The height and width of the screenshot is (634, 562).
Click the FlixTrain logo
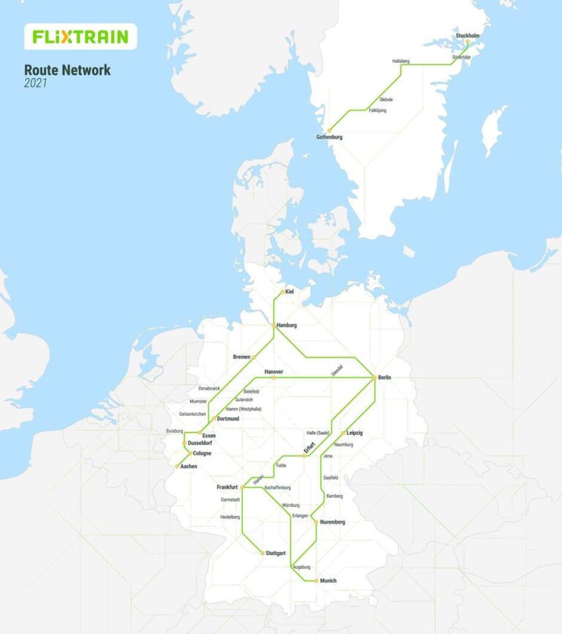point(80,37)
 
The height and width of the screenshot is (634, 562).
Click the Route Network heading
point(67,70)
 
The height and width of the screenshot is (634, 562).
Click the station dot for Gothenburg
point(329,130)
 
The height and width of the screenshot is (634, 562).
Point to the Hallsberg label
point(401,61)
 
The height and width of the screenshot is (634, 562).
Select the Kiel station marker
point(282,292)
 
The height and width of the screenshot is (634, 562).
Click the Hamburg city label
point(287,325)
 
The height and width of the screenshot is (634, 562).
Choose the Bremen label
point(241,357)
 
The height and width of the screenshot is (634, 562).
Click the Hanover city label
point(274,372)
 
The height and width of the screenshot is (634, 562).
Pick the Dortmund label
point(228,419)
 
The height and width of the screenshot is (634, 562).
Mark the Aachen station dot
point(177,466)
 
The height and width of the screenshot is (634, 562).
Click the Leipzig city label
point(354,433)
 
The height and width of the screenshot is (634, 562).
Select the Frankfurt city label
point(228,487)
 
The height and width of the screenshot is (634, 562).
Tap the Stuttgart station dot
point(263,553)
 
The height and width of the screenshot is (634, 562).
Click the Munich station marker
point(316,581)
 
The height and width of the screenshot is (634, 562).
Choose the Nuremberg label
point(332,522)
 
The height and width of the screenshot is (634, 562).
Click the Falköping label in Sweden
point(378,111)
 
